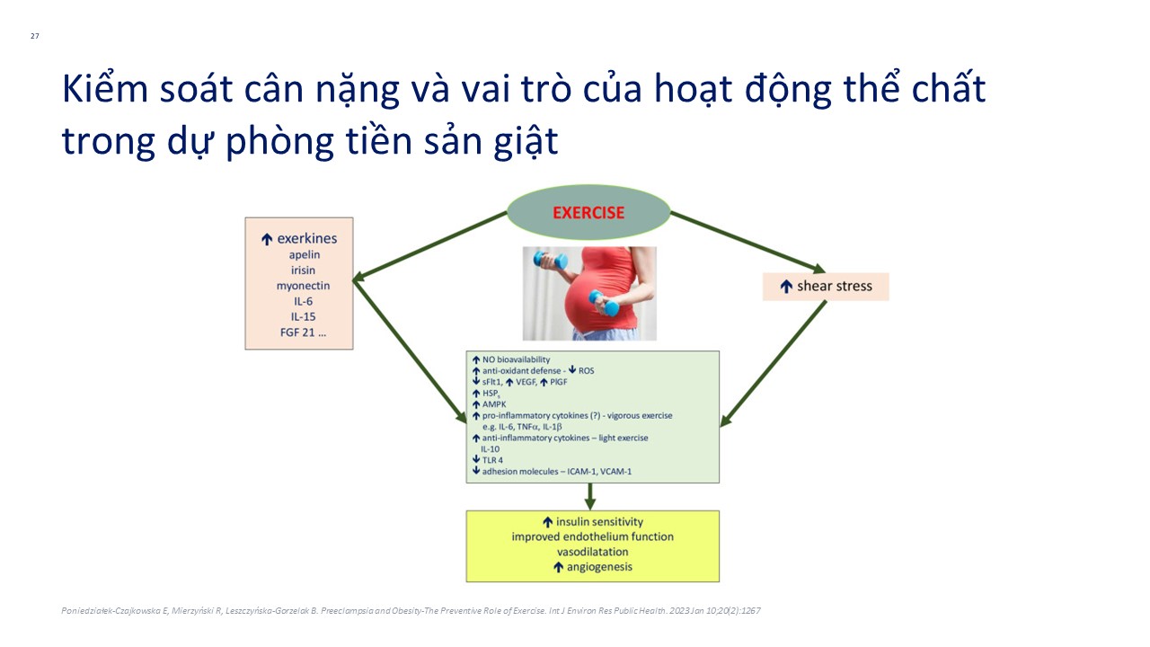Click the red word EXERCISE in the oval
click(x=588, y=213)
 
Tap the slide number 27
click(x=35, y=36)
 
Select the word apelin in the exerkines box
click(x=305, y=254)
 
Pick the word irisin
click(x=304, y=270)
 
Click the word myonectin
click(x=304, y=286)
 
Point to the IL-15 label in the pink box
click(x=304, y=317)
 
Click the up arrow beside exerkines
click(x=267, y=239)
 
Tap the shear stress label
click(x=835, y=286)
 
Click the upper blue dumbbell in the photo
click(x=551, y=261)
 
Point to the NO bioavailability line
click(x=516, y=359)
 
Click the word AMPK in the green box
click(x=494, y=404)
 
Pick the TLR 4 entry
click(x=492, y=460)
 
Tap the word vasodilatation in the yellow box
click(x=592, y=552)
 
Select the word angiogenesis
click(x=599, y=567)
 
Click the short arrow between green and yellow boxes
click(x=590, y=497)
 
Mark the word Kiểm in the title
click(x=105, y=89)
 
